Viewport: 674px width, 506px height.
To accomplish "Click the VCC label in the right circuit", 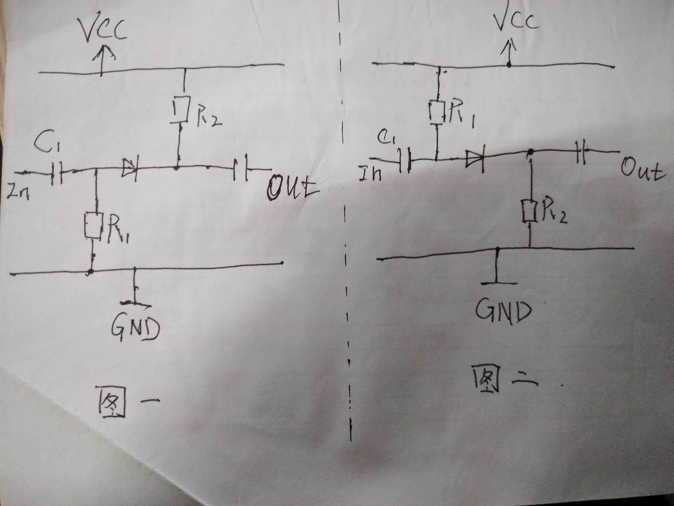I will [515, 20].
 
